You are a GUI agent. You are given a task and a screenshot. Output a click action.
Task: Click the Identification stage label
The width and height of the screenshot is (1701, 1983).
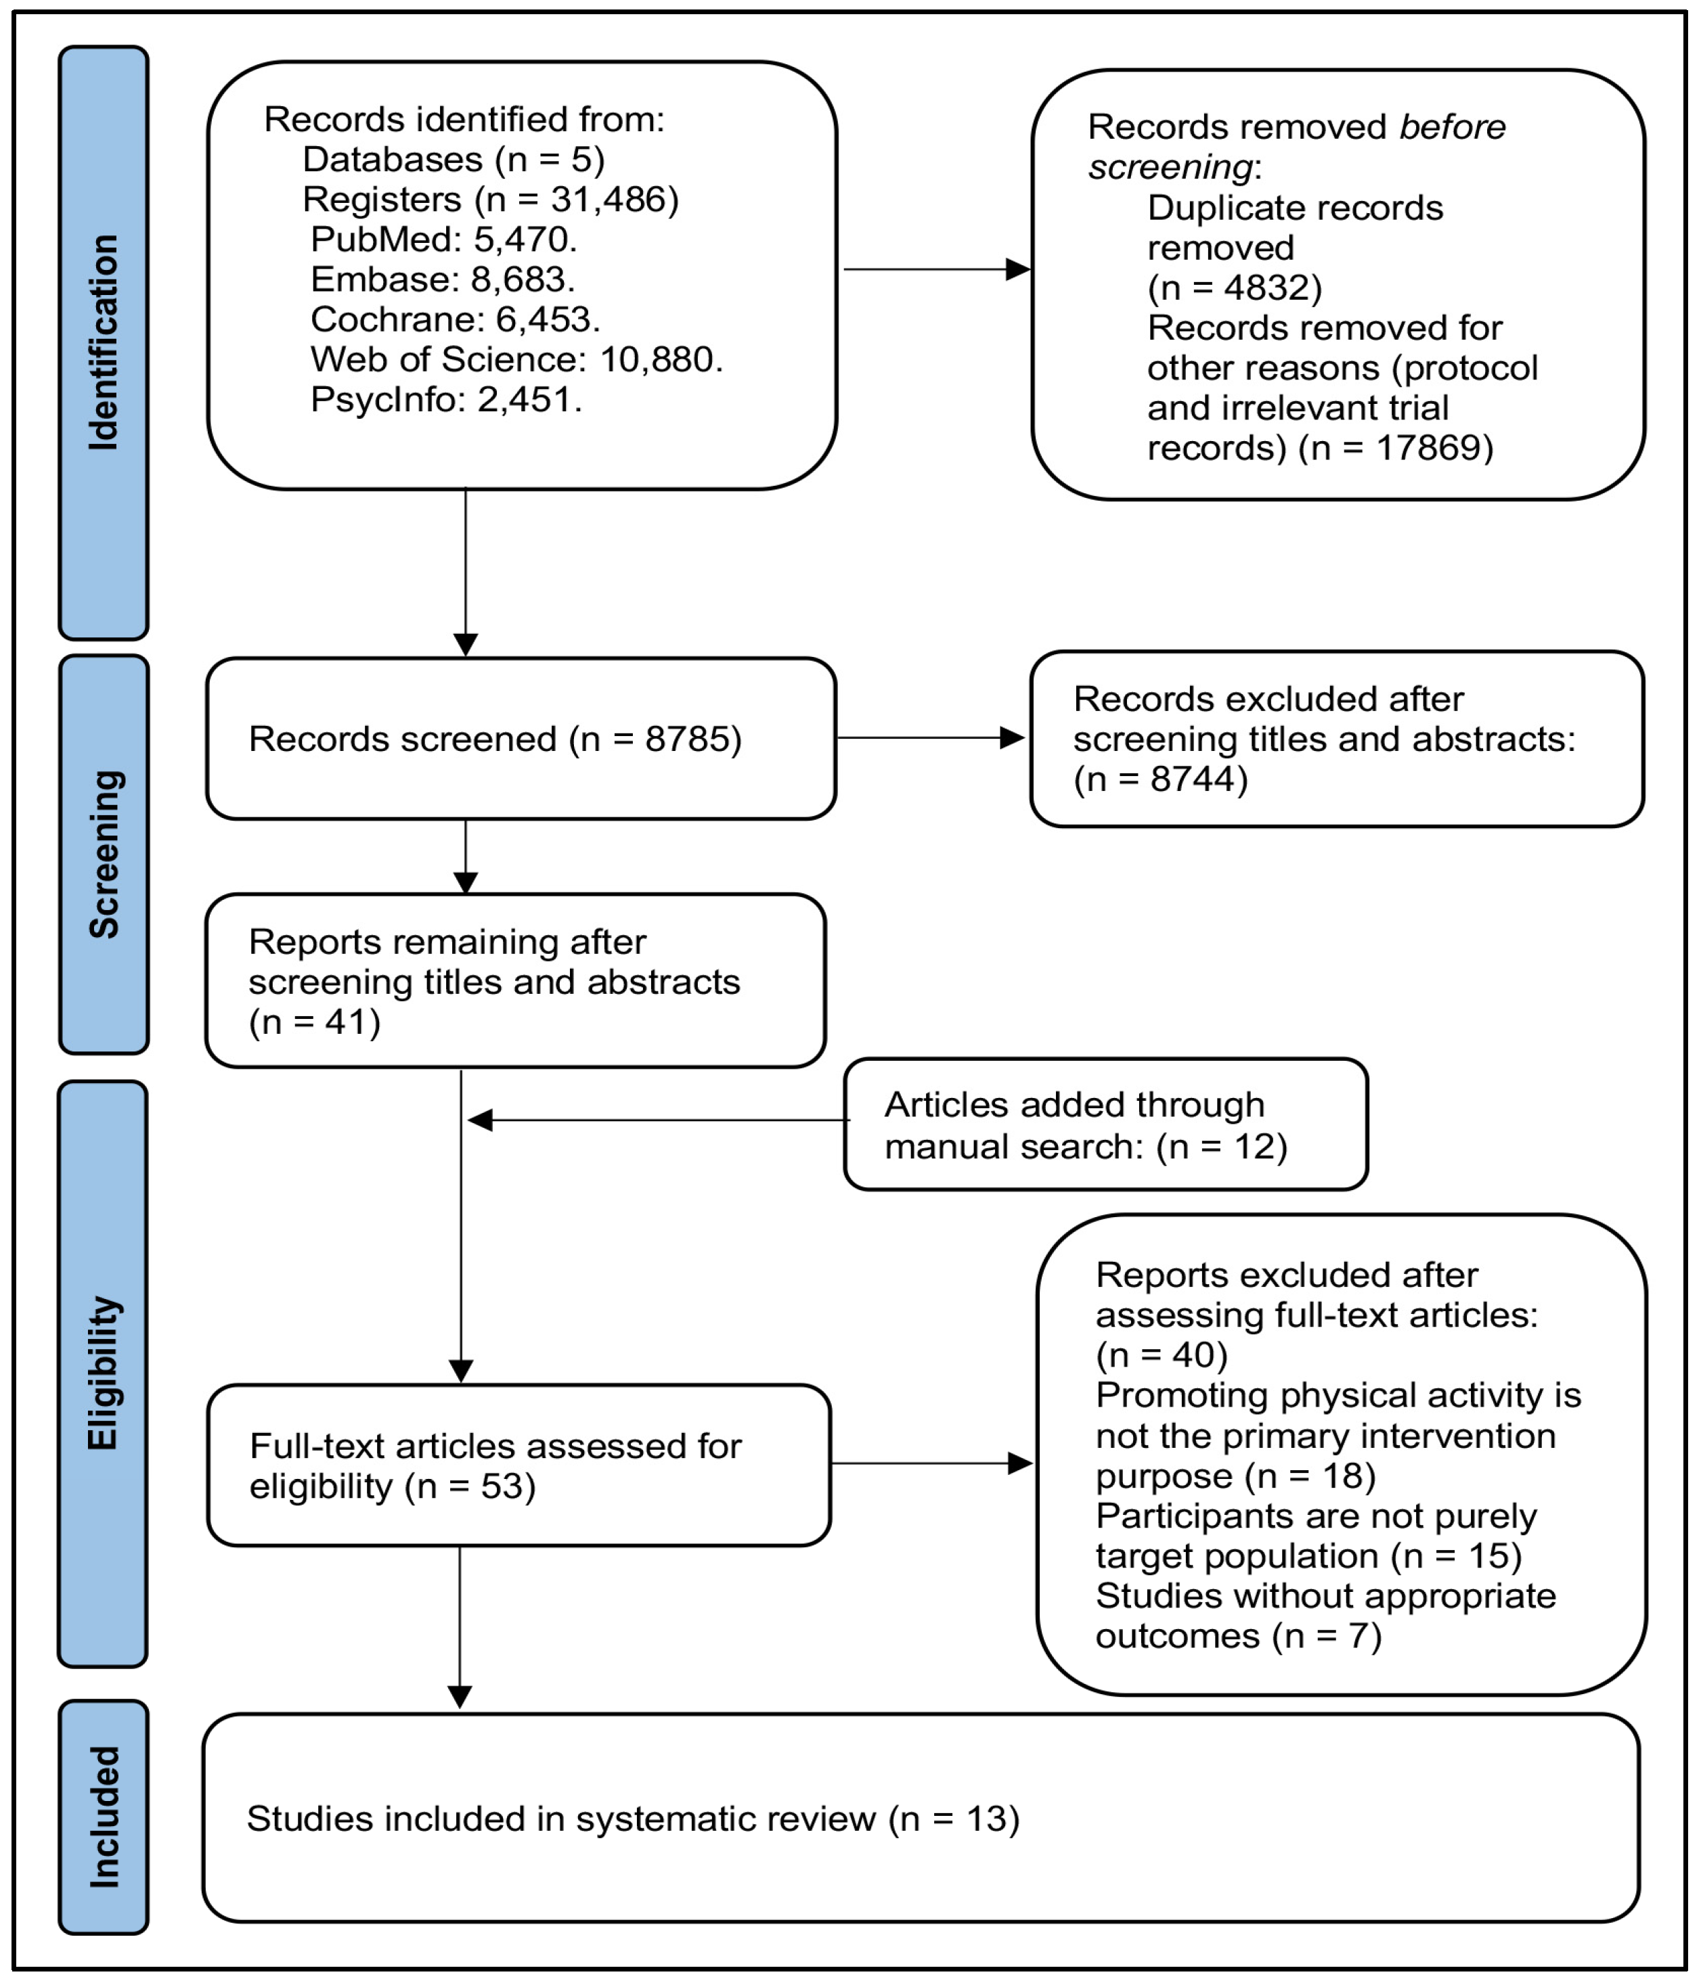pos(104,342)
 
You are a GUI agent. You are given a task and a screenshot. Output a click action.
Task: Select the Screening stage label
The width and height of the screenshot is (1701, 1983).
pos(104,854)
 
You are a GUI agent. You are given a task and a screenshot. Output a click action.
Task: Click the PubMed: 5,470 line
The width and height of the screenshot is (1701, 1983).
pos(443,240)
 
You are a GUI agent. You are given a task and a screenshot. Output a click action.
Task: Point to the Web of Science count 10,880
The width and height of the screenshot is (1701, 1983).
pos(661,360)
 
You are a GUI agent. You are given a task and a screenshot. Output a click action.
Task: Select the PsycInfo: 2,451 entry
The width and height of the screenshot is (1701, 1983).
pos(446,399)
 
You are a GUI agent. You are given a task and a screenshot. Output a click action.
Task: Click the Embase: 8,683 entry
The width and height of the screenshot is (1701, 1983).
pos(442,279)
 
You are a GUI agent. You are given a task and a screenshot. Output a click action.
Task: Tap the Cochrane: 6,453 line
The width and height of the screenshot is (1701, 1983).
pos(455,319)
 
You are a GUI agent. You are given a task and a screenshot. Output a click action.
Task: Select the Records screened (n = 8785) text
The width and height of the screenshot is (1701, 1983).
pos(495,739)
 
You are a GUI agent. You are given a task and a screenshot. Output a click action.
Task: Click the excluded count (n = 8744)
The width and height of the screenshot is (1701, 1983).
pos(1160,779)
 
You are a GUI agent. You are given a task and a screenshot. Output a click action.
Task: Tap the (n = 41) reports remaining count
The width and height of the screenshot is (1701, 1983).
pos(315,1022)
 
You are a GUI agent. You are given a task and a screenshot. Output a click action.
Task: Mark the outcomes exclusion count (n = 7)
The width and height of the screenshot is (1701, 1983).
pos(1327,1636)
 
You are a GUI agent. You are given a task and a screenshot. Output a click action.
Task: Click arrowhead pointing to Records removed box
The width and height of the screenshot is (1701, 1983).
pos(1017,270)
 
